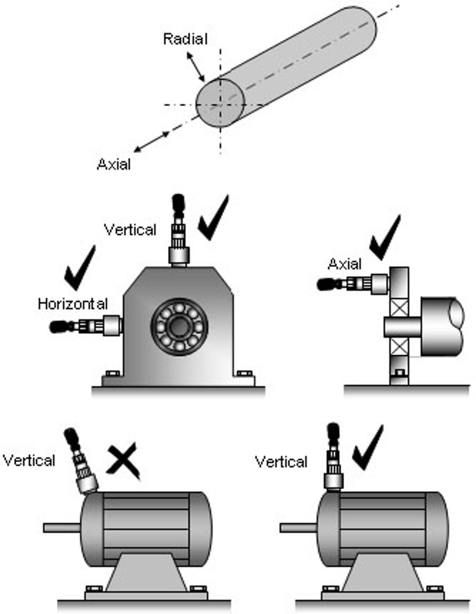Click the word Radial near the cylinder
pos(185,39)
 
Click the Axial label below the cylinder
pos(114,165)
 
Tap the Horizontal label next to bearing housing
pos(73,304)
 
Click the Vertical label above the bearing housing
pos(131,230)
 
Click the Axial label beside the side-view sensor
pos(345,264)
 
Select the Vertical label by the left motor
pos(29,460)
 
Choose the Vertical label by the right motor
pos(281,461)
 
